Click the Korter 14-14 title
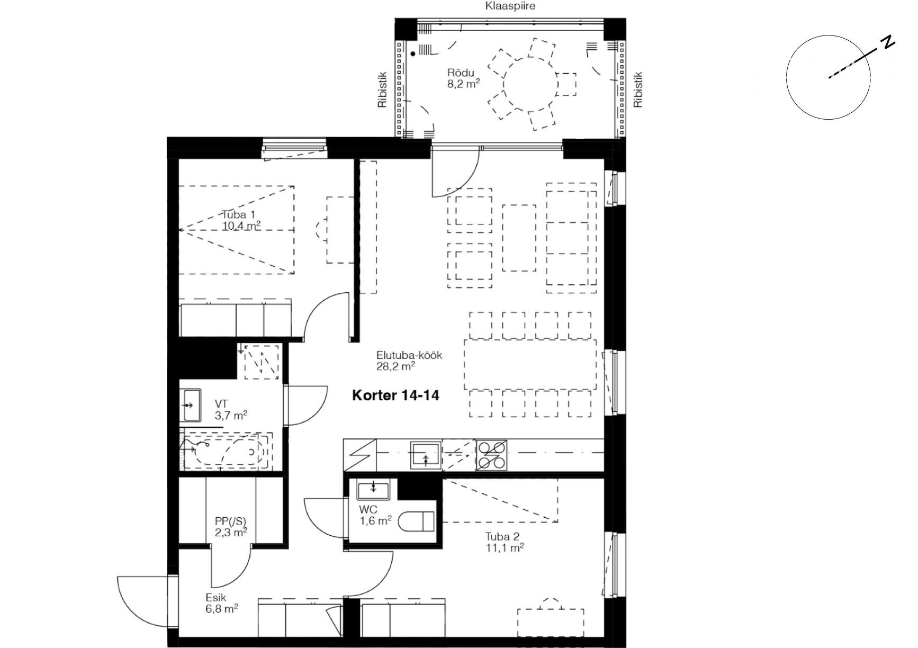point(395,395)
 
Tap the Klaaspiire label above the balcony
point(510,6)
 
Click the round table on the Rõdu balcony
point(530,84)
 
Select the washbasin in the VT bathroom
point(191,405)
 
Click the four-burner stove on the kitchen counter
point(492,455)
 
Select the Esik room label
point(216,598)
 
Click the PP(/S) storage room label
point(231,521)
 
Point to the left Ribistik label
point(382,91)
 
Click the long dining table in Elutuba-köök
point(530,365)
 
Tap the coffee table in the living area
point(519,238)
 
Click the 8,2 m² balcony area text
point(463,84)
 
